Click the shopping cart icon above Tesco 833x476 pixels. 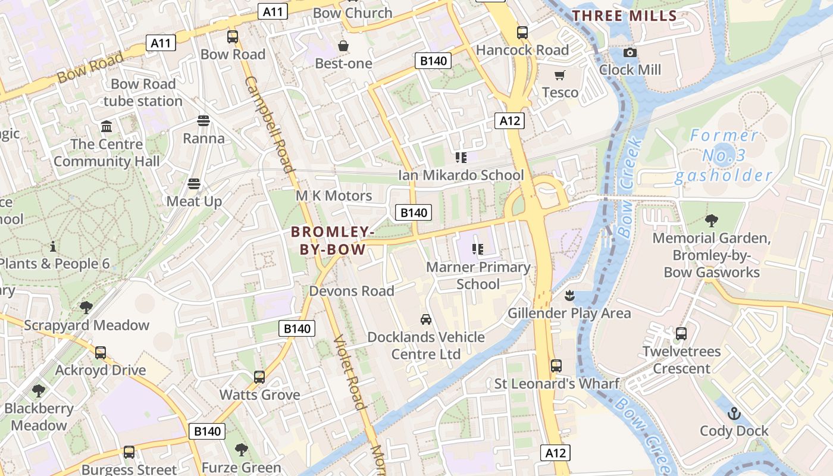click(559, 75)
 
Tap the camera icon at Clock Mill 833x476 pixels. click(630, 53)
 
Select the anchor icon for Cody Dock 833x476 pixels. click(734, 414)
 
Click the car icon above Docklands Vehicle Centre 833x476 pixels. click(425, 320)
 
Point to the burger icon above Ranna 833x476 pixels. click(203, 121)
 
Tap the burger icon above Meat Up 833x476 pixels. click(194, 184)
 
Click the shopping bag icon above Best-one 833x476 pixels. click(343, 46)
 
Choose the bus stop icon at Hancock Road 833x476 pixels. click(522, 33)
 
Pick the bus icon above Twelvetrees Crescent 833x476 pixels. click(681, 334)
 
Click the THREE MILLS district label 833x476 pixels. click(625, 16)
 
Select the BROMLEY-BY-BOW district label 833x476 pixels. click(333, 240)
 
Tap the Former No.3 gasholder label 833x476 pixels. click(724, 156)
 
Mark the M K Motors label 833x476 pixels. click(334, 196)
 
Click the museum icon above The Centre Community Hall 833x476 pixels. click(107, 126)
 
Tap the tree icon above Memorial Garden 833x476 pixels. click(711, 221)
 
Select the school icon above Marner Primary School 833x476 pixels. click(477, 249)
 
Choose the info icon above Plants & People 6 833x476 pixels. click(53, 246)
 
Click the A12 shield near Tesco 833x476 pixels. click(510, 121)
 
